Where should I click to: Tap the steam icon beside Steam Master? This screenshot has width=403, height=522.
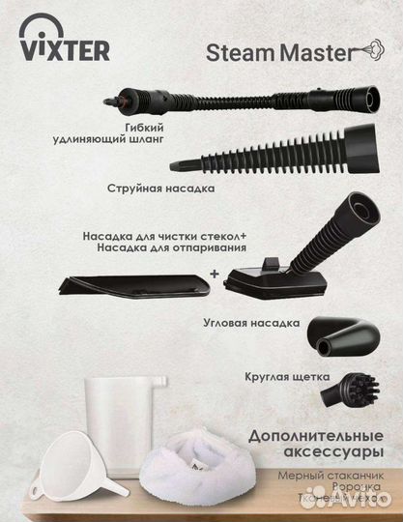click(369, 49)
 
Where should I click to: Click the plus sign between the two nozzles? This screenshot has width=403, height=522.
click(214, 274)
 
